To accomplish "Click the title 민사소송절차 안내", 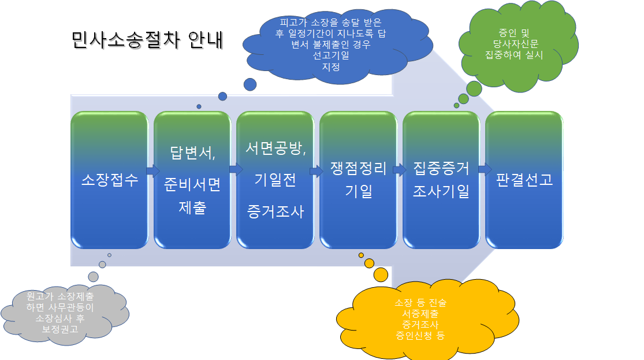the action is click(147, 40).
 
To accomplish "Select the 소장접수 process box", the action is click(110, 180).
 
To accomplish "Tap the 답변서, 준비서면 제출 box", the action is click(192, 180).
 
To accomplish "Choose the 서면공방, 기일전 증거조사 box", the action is click(275, 180).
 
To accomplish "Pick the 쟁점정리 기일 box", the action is click(358, 180).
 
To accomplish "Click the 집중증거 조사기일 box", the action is click(441, 180).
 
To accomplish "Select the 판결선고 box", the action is click(524, 180).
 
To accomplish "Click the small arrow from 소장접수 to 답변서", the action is click(153, 170).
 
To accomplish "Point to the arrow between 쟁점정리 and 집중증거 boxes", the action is click(400, 170).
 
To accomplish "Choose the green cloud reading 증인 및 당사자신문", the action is click(518, 45).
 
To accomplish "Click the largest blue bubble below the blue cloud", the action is click(250, 85).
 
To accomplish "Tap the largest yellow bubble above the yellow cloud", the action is click(381, 274).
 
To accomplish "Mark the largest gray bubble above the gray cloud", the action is click(93, 277).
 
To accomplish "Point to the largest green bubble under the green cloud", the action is click(474, 89).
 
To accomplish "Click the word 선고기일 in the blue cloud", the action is click(331, 55).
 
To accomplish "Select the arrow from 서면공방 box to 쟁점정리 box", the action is click(317, 170).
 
